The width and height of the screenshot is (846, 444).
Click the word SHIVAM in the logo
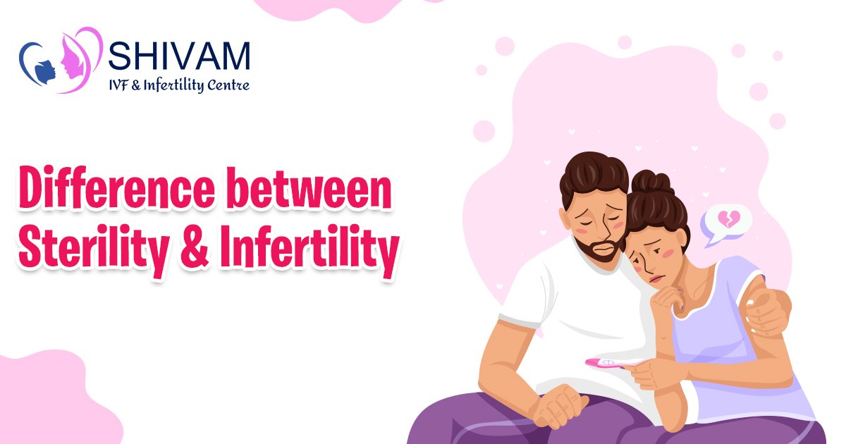180,57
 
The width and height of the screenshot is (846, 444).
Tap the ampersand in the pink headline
199,249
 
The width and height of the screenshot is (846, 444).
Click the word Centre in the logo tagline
225,86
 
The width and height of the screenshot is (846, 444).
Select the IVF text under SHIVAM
122,86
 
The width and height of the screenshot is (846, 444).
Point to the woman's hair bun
652,183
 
